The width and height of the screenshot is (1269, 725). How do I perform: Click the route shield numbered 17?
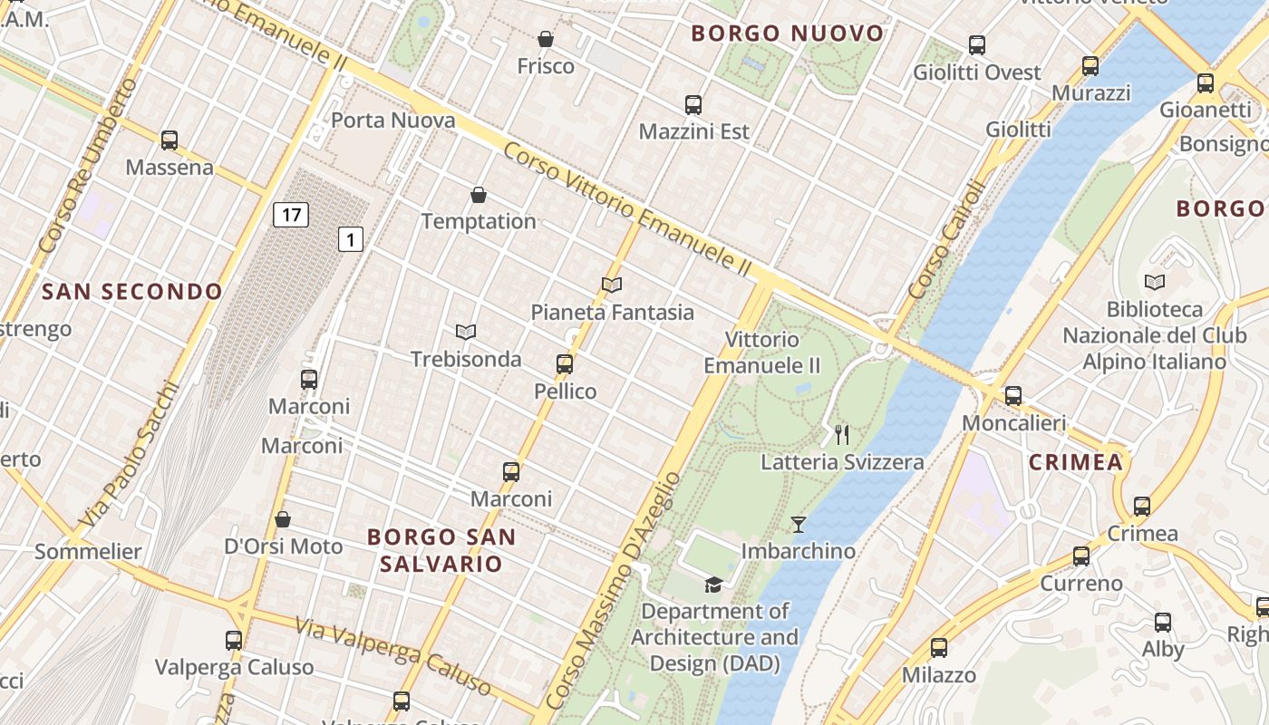pyautogui.click(x=290, y=215)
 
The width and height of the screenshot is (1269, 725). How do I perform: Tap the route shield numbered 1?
pyautogui.click(x=351, y=239)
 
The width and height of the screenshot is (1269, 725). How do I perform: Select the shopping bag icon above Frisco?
pyautogui.click(x=546, y=39)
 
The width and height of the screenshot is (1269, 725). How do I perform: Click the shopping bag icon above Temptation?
pyautogui.click(x=479, y=195)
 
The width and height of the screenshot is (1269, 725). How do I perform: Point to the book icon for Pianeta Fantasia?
pyautogui.click(x=612, y=285)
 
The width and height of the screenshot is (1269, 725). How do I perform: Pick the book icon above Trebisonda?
pyautogui.click(x=466, y=333)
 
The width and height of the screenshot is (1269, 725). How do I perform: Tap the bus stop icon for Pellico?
pyautogui.click(x=565, y=364)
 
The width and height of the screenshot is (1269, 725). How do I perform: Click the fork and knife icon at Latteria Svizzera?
pyautogui.click(x=842, y=435)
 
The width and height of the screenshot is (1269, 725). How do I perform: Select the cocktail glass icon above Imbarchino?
pyautogui.click(x=798, y=524)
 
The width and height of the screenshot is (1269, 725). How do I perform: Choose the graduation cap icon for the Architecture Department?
pyautogui.click(x=714, y=585)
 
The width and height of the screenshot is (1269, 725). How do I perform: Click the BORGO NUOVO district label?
pyautogui.click(x=788, y=34)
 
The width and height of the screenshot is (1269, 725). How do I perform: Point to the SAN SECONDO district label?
pyautogui.click(x=132, y=291)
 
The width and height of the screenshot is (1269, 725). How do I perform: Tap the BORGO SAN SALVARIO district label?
pyautogui.click(x=441, y=550)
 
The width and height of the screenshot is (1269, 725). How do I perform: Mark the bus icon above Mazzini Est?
pyautogui.click(x=693, y=105)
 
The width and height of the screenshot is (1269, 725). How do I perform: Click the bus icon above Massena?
pyautogui.click(x=170, y=140)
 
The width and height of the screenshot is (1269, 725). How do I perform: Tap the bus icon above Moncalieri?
pyautogui.click(x=1013, y=396)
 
